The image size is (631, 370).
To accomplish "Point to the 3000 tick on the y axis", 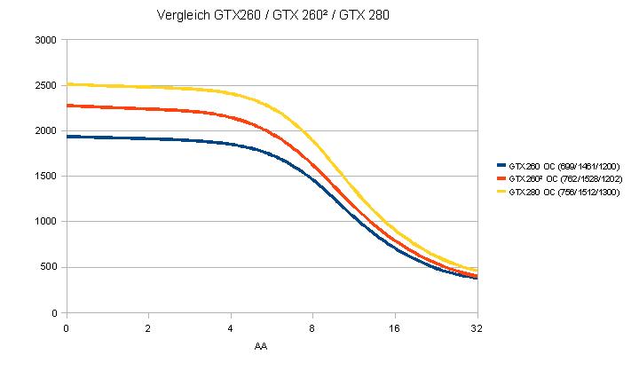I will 44,41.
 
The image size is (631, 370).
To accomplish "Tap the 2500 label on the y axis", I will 44,86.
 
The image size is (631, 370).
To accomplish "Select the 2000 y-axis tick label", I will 44,131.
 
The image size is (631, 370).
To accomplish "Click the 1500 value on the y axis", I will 44,177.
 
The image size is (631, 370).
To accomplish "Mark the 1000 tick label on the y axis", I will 44,222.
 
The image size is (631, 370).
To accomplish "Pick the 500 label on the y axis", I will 48,267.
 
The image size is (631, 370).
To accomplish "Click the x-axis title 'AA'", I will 261,346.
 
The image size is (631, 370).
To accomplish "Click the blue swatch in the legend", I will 501,166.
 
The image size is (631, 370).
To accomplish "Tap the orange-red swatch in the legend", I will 501,179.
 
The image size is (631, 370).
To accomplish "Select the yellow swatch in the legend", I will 501,193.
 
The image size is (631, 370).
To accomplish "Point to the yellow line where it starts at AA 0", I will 67,84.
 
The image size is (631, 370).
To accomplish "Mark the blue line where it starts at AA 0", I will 67,137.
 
